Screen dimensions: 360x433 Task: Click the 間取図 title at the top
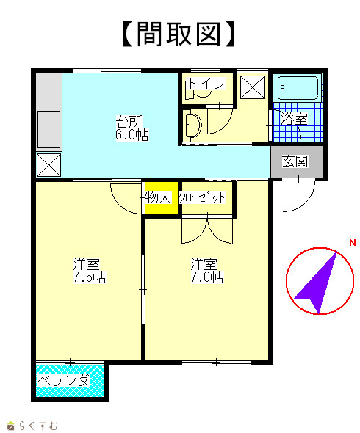point(179,34)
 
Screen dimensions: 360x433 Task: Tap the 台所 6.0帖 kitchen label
point(132,128)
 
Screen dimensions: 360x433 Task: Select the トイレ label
point(206,84)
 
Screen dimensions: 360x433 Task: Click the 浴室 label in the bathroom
point(294,119)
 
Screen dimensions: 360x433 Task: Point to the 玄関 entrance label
point(295,161)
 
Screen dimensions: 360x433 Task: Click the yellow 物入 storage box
point(162,197)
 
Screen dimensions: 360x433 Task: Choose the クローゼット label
point(202,197)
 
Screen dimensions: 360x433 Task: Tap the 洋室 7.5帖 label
point(90,270)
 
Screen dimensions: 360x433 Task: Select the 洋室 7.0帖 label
point(207,270)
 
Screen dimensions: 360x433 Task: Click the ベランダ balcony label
point(64,381)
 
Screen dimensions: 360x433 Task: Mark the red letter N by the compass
point(353,243)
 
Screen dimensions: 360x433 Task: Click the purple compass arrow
point(318,285)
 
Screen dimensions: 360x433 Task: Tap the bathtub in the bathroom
point(298,87)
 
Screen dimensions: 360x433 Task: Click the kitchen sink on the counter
point(48,129)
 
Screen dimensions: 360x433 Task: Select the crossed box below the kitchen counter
point(48,165)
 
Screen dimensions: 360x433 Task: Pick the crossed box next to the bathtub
point(253,87)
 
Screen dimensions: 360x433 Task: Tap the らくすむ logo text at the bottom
point(38,425)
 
